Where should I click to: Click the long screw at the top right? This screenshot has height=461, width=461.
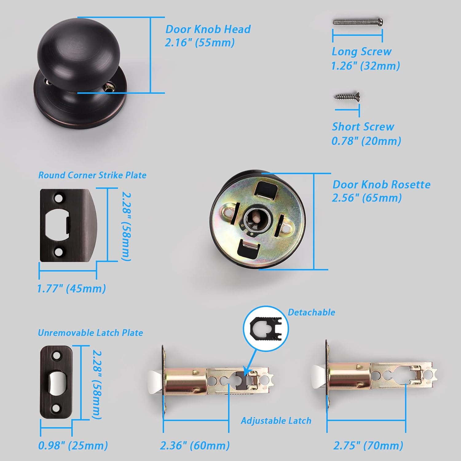tap(358, 22)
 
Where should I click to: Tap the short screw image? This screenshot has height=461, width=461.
tap(347, 97)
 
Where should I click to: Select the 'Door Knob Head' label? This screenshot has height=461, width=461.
tap(208, 29)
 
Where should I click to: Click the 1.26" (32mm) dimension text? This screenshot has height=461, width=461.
tap(365, 66)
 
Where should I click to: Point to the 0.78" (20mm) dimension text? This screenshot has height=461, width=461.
tap(366, 141)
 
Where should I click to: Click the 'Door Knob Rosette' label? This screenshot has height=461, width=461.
tap(381, 184)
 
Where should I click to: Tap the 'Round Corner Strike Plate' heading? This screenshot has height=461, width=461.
tap(92, 175)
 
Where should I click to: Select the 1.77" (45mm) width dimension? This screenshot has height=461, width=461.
tap(71, 289)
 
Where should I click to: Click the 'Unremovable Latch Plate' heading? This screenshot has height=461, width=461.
tap(90, 333)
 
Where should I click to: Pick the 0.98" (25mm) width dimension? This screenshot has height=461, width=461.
tap(73, 446)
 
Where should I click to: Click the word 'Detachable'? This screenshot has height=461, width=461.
tap(311, 312)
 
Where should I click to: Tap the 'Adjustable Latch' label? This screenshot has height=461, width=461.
tap(276, 420)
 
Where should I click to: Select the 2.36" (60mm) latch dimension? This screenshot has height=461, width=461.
tap(195, 446)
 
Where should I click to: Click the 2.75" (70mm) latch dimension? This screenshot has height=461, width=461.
tap(368, 446)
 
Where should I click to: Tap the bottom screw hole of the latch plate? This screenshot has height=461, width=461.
tap(56, 408)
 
